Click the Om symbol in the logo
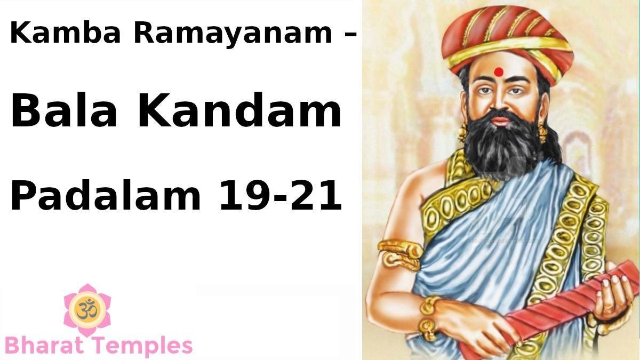(87, 309)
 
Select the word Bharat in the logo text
(44, 345)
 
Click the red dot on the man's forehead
(499, 71)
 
